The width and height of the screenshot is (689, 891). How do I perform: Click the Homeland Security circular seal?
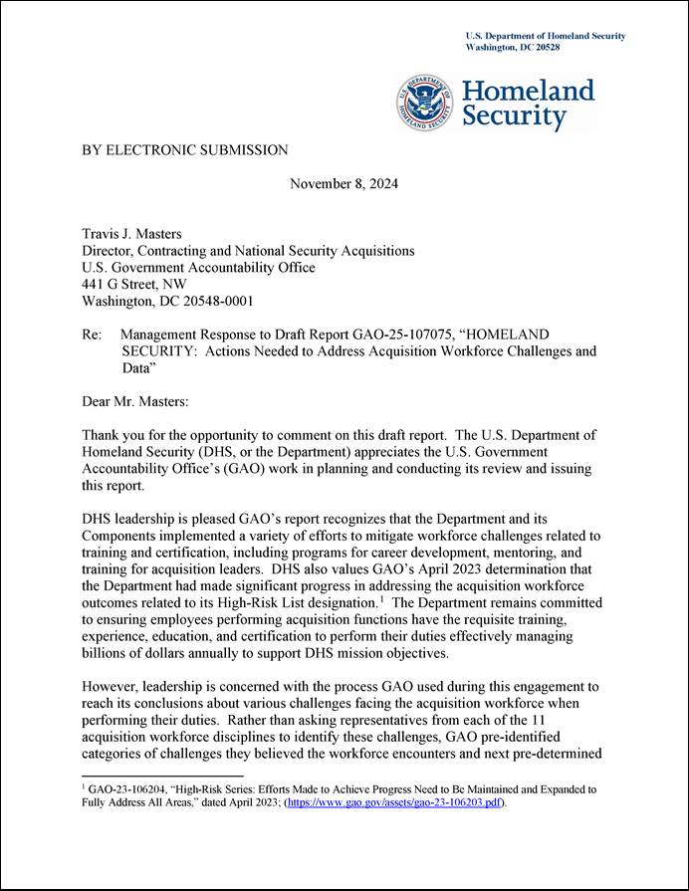[426, 104]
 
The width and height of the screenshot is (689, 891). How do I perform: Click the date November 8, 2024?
[344, 184]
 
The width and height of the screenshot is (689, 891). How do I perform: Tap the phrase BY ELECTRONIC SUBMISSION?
[184, 150]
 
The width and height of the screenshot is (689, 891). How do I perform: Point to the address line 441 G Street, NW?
[133, 284]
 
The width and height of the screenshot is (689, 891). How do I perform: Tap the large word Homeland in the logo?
[529, 92]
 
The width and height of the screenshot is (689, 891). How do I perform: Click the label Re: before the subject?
[92, 334]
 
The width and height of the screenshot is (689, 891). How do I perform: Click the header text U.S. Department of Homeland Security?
[546, 36]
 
